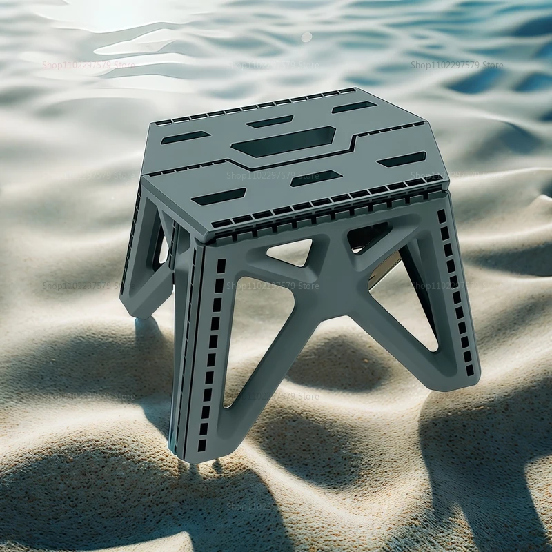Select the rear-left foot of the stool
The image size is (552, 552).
tap(137, 308)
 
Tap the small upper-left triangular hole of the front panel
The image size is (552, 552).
tap(290, 252)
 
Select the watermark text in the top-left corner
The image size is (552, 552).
tap(88, 66)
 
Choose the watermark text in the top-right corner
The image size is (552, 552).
tap(457, 66)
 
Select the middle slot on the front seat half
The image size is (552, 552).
tap(316, 178)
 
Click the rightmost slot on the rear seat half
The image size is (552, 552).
tap(354, 107)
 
